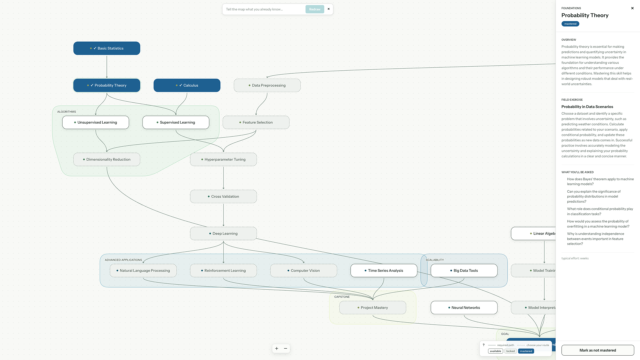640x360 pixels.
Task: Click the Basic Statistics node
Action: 107,48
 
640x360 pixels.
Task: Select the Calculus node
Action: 187,85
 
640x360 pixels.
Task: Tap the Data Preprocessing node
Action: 267,85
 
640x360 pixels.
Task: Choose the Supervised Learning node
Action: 176,122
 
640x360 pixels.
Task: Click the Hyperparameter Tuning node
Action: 223,159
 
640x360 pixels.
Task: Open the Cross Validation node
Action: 223,196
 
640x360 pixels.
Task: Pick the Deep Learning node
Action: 223,233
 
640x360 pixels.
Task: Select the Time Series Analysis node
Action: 384,270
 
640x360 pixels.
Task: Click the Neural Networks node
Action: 464,307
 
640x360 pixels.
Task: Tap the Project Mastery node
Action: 373,307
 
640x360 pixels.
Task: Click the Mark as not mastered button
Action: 598,350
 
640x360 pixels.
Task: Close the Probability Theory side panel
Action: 632,8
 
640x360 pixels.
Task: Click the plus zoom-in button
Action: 277,348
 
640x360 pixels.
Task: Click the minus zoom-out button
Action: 286,348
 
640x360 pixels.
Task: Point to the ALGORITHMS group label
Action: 67,112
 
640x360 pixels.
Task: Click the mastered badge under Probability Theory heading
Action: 570,24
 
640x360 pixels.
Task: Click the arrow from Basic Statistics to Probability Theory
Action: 107,67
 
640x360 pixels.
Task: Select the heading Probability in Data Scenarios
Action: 587,107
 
